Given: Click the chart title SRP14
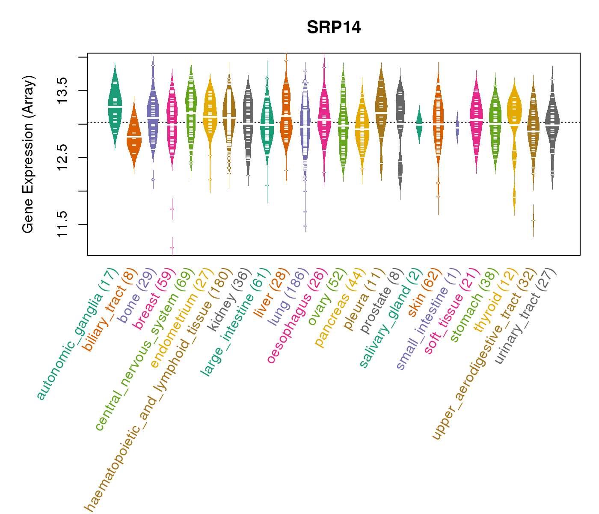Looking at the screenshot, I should point(334,28).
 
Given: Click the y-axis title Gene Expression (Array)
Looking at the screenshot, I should point(28,154).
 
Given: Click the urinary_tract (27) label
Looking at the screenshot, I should point(526,317).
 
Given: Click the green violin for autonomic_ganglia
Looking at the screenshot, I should point(115,107).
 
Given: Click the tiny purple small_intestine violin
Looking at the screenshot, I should point(457,128).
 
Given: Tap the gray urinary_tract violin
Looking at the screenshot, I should point(552,124).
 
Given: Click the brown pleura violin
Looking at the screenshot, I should point(381,111).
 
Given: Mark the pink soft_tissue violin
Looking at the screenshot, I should point(476,120).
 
